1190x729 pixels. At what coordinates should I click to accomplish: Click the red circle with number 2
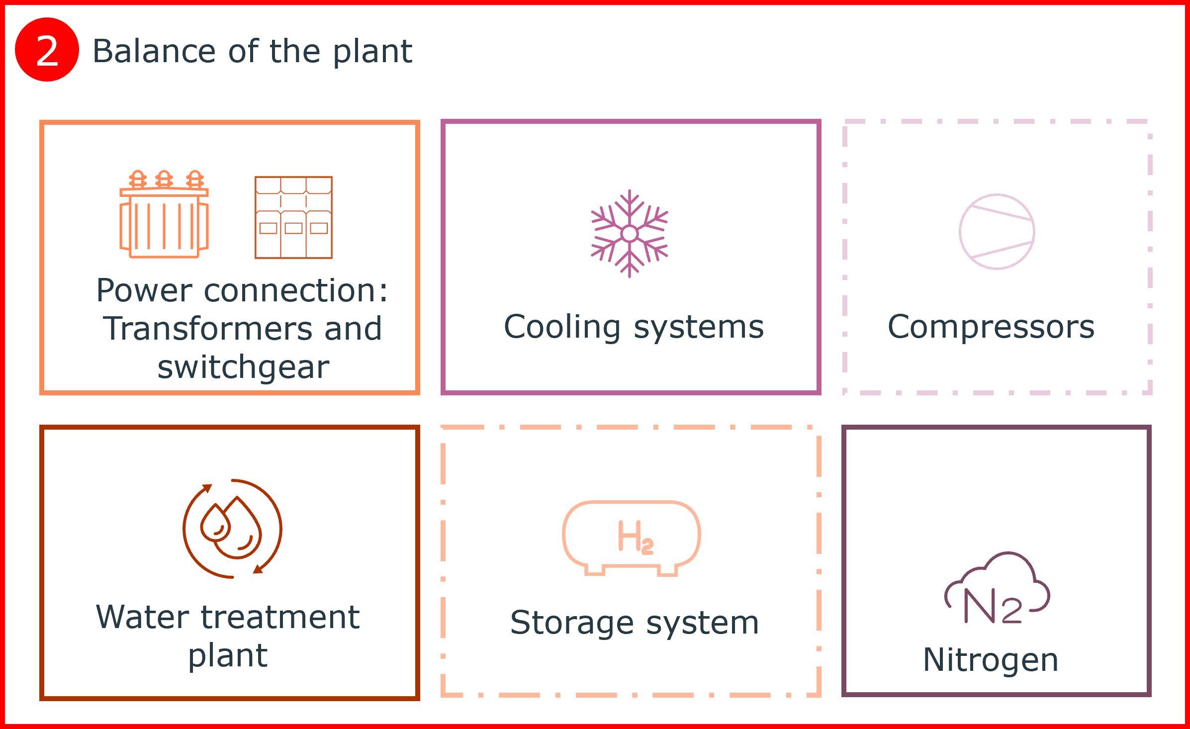pyautogui.click(x=47, y=50)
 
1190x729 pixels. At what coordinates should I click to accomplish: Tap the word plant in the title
pyautogui.click(x=372, y=52)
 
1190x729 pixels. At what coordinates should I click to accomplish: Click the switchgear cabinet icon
pyautogui.click(x=293, y=218)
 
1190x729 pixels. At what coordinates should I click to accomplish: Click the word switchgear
pyautogui.click(x=243, y=367)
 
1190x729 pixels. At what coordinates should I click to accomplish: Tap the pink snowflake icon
pyautogui.click(x=630, y=233)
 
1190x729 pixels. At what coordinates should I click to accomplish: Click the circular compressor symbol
pyautogui.click(x=997, y=232)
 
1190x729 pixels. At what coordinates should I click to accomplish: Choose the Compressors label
pyautogui.click(x=991, y=327)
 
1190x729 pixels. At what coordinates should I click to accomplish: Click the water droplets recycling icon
pyautogui.click(x=232, y=529)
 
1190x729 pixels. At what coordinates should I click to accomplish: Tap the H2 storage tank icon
pyautogui.click(x=632, y=538)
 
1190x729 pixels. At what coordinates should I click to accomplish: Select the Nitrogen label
pyautogui.click(x=991, y=660)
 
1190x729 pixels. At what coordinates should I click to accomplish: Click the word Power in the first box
pyautogui.click(x=144, y=290)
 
